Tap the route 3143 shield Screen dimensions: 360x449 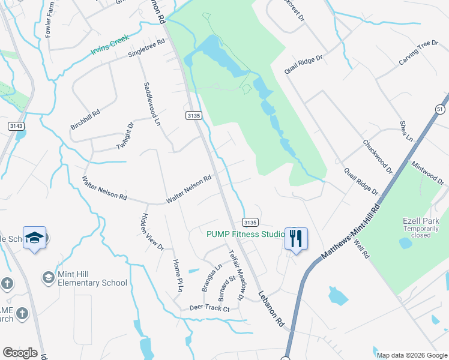16,125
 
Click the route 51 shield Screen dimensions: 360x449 441,109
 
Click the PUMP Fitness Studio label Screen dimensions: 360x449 246,234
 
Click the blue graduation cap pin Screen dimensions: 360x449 34,238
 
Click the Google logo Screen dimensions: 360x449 20,353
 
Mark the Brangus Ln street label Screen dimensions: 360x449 211,277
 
